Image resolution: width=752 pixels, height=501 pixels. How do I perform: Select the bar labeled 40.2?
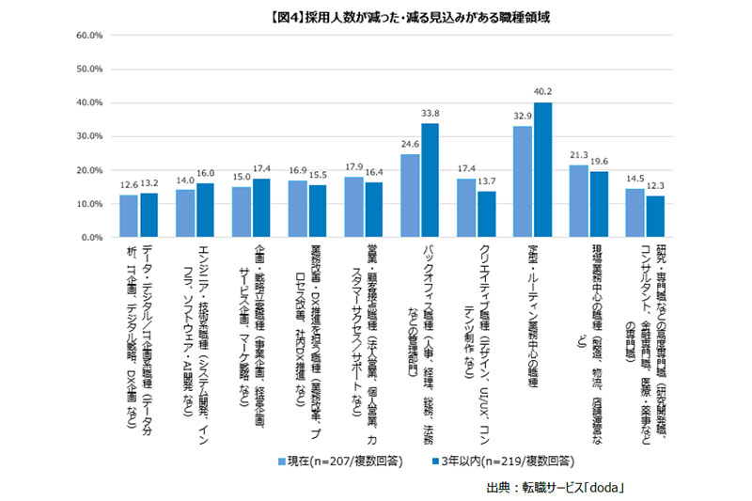point(543,170)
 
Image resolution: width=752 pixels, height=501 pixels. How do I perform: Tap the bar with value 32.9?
point(523,181)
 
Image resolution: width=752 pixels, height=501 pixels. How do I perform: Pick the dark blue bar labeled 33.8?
point(431,180)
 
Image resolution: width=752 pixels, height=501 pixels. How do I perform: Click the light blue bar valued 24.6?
point(410,196)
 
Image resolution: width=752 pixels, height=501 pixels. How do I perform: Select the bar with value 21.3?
point(579,201)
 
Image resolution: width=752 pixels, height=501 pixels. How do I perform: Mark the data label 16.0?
point(206,174)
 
